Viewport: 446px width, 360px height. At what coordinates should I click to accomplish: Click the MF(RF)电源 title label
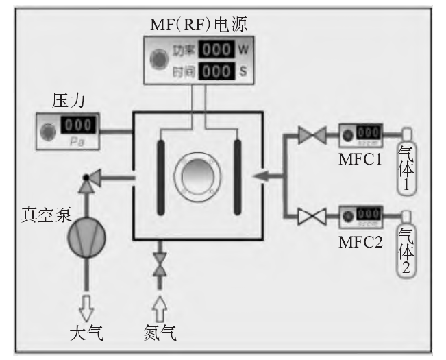click(199, 25)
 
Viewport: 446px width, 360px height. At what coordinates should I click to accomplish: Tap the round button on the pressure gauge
click(49, 130)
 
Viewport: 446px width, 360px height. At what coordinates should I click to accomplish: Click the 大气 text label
click(86, 334)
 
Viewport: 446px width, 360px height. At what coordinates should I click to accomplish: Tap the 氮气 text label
click(160, 334)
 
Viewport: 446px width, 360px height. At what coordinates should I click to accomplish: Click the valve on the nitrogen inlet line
click(160, 265)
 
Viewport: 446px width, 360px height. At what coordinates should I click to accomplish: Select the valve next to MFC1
click(312, 135)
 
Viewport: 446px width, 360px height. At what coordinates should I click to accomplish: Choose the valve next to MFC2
click(312, 218)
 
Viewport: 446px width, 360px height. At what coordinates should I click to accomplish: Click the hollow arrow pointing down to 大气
click(87, 307)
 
